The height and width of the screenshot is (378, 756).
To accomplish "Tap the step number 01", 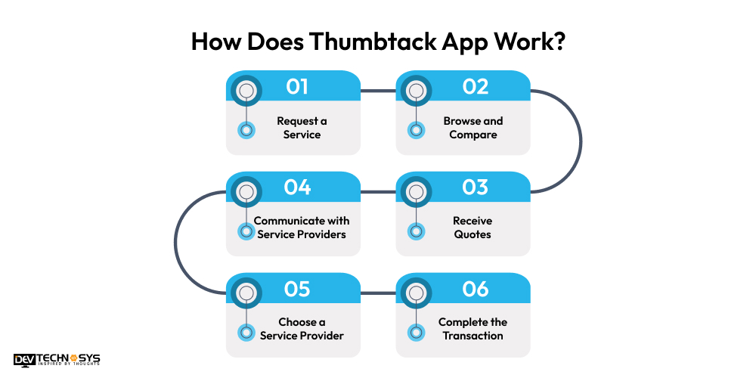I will click(297, 87).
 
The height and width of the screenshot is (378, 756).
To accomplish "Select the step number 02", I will click(476, 87).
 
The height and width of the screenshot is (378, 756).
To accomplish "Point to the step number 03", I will click(476, 187).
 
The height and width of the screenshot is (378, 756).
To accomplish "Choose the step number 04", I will click(297, 187).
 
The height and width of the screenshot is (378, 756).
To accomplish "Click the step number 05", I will click(297, 289).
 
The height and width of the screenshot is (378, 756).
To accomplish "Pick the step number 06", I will click(476, 289).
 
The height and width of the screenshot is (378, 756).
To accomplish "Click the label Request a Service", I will click(302, 128).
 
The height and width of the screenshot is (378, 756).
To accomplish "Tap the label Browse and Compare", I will click(473, 128).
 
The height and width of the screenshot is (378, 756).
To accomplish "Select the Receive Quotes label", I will click(472, 228).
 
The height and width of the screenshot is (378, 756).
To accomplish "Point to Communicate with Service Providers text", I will click(302, 228).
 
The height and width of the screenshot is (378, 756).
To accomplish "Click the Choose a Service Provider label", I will click(302, 329).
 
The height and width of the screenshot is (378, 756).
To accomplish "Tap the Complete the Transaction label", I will click(472, 329).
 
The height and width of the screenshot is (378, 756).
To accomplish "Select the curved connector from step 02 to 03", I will click(580, 141).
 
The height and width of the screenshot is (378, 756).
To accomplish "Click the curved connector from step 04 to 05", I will click(176, 242).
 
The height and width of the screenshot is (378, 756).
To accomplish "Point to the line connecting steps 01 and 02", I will click(378, 92).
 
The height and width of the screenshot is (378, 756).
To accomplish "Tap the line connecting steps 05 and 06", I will click(378, 293).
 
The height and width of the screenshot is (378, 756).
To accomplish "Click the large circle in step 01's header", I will click(245, 91).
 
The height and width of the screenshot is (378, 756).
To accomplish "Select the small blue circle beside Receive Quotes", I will click(415, 231).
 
